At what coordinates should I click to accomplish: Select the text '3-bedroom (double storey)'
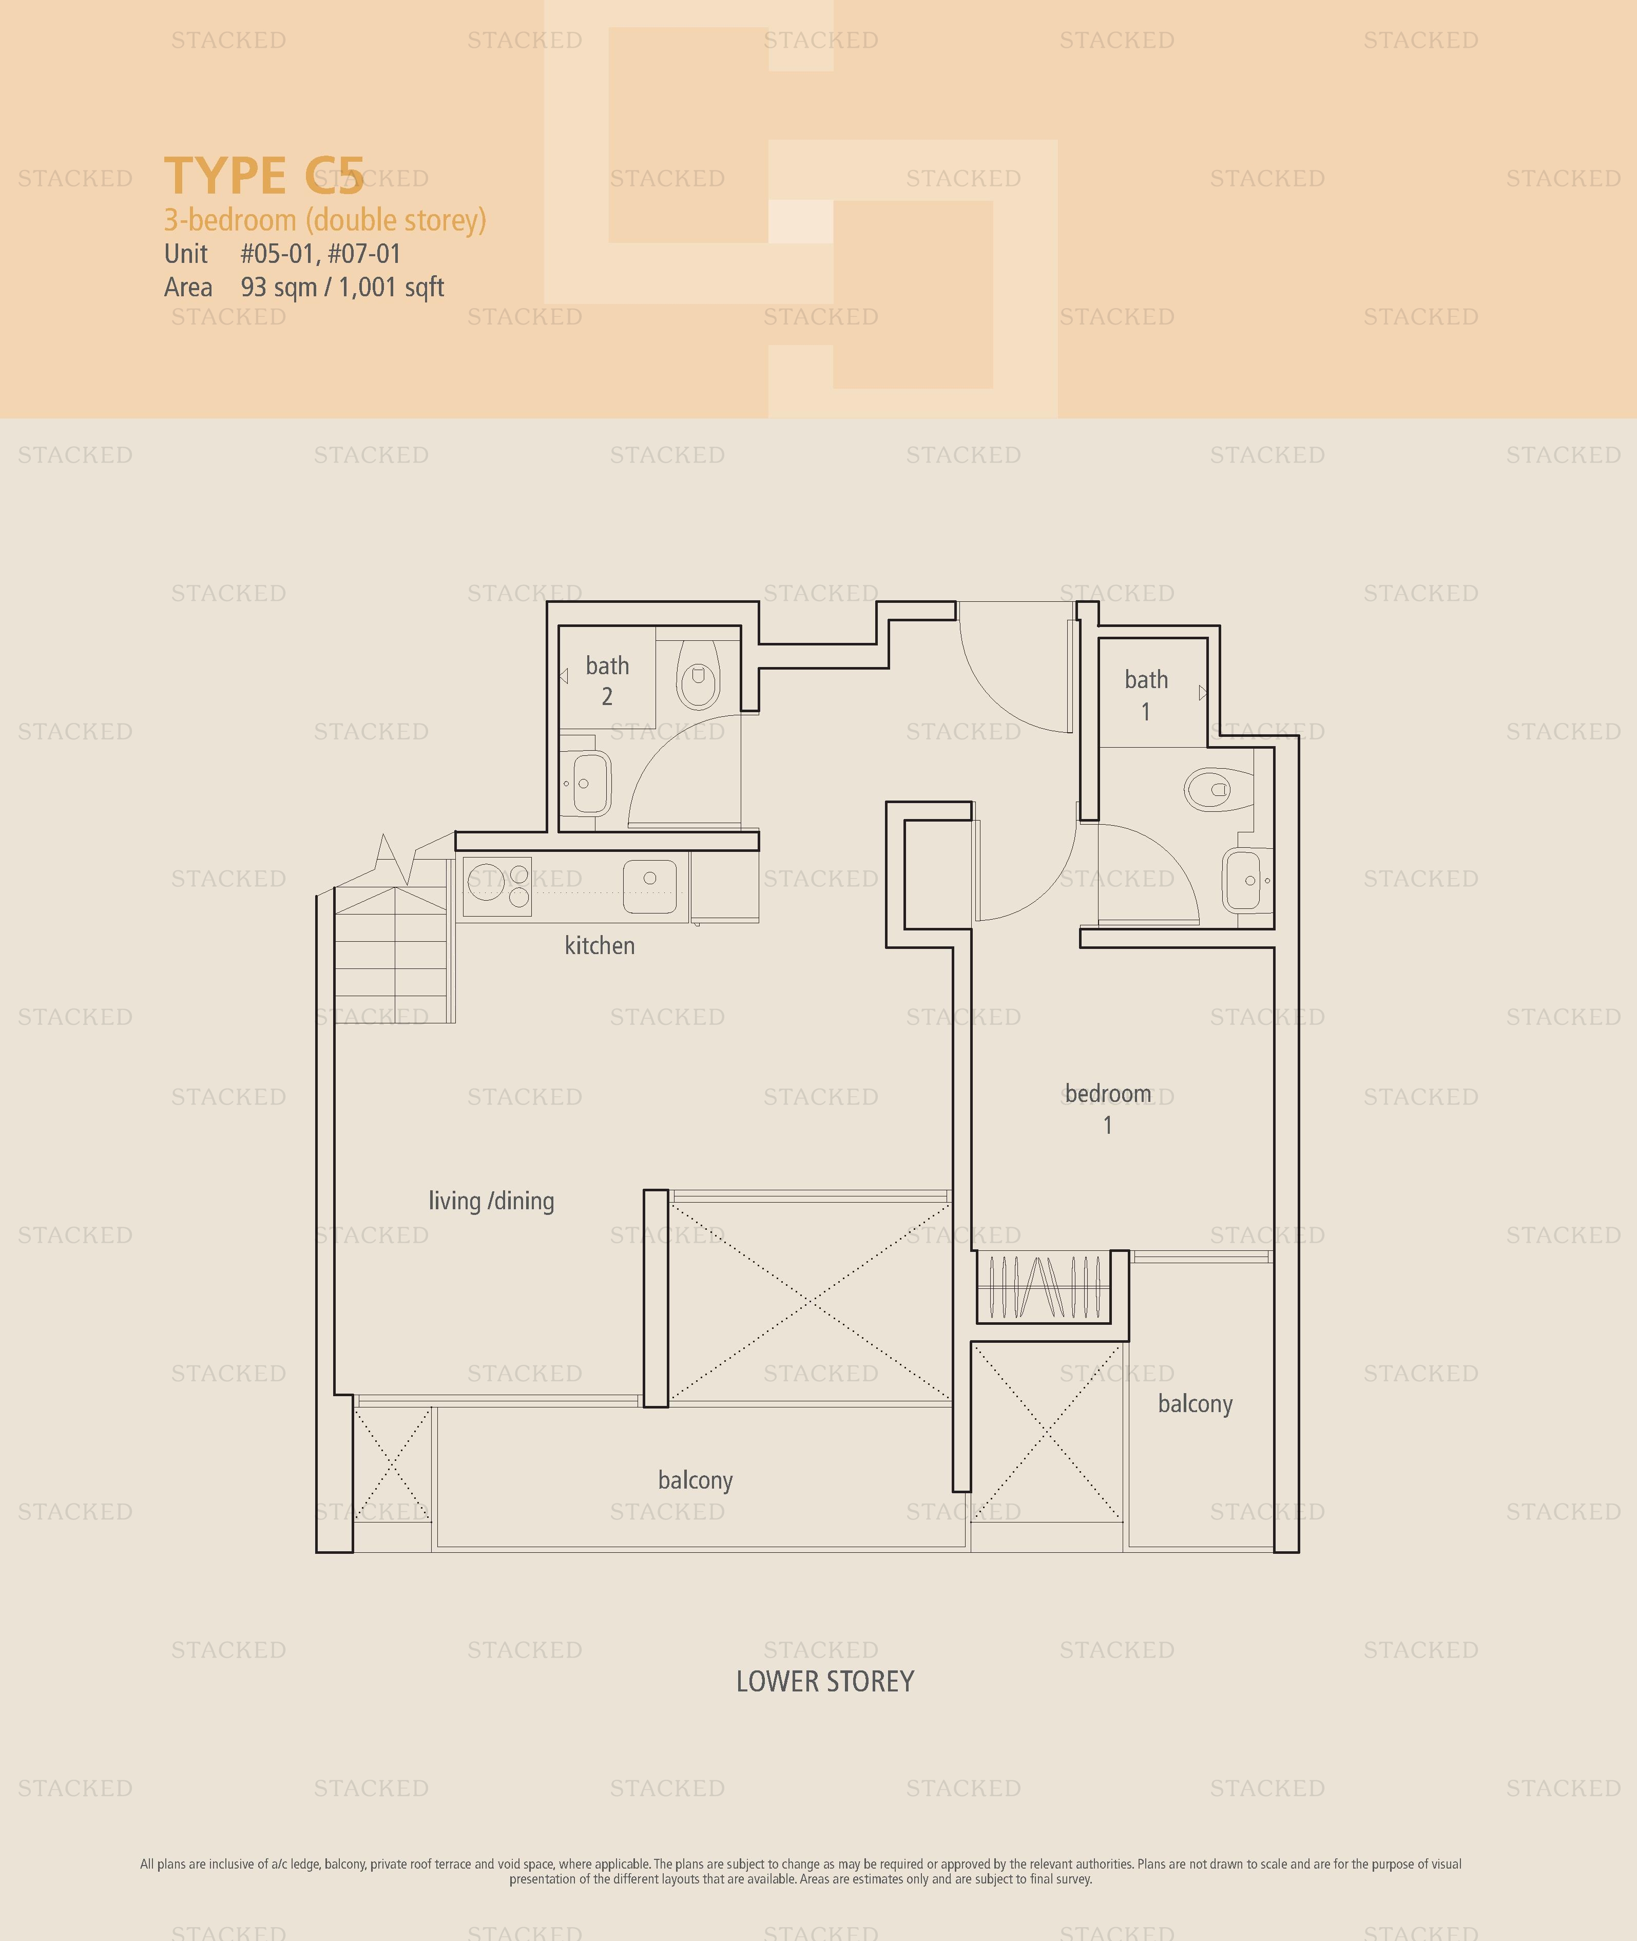[325, 220]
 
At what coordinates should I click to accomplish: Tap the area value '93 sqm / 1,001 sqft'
[342, 288]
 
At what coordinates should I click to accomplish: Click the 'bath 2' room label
[607, 680]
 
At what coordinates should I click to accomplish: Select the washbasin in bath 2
[586, 783]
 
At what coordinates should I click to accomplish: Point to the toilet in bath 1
[1219, 789]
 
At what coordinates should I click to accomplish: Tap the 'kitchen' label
[600, 946]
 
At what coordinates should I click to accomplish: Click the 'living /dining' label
[491, 1201]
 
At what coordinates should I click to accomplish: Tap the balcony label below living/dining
[695, 1480]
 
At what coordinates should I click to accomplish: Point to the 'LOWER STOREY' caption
[825, 1682]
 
